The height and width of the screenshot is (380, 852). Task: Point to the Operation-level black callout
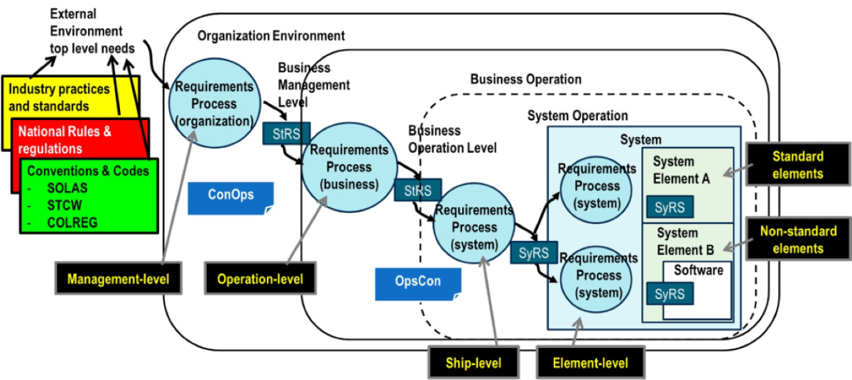pyautogui.click(x=261, y=279)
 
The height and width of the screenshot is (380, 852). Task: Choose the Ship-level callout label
pyautogui.click(x=474, y=363)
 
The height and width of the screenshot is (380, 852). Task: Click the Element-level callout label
pyautogui.click(x=591, y=363)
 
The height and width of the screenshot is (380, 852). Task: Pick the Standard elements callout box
pyautogui.click(x=797, y=165)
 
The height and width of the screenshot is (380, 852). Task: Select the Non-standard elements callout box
pyautogui.click(x=797, y=239)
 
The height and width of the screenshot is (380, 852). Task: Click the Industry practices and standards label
pyautogui.click(x=60, y=98)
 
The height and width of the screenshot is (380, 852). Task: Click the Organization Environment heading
pyautogui.click(x=271, y=36)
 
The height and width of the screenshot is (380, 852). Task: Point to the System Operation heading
pyautogui.click(x=577, y=116)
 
